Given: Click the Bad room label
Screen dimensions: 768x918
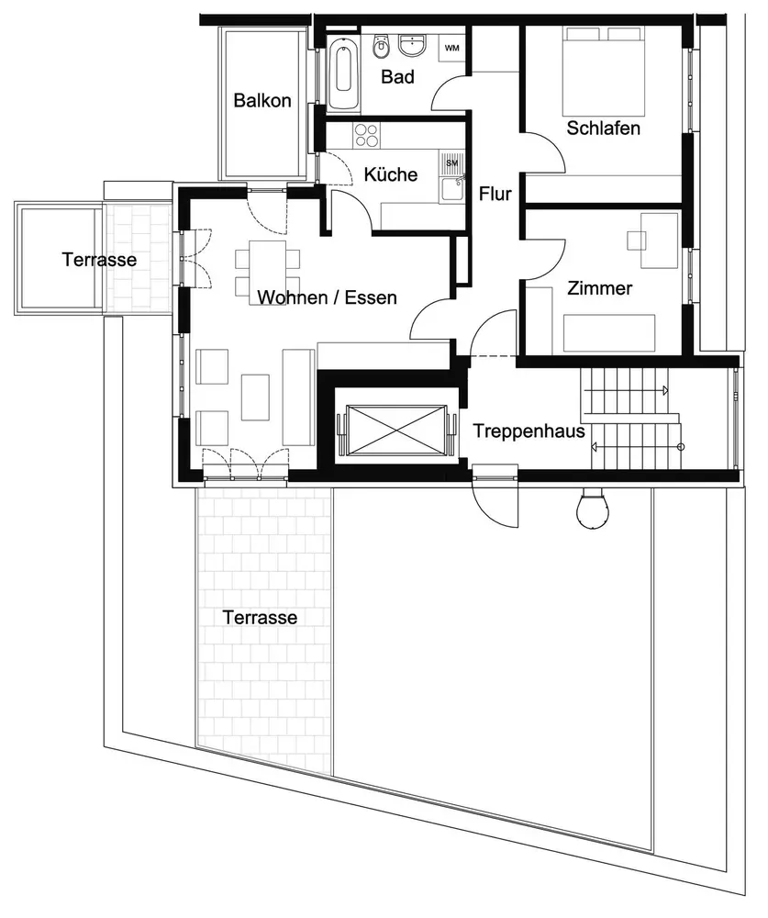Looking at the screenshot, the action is (x=397, y=77).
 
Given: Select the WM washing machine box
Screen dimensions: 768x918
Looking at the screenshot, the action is (x=452, y=47).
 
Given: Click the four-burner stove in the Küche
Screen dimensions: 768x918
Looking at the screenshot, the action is (x=366, y=134).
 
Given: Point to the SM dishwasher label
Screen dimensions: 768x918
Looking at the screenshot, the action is (x=451, y=162).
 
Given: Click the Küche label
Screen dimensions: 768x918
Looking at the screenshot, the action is (x=390, y=174).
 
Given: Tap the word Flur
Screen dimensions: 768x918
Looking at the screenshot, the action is (x=495, y=194).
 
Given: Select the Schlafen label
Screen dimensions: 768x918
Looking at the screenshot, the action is (x=603, y=128).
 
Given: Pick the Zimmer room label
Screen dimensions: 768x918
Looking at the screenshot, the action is (x=600, y=288).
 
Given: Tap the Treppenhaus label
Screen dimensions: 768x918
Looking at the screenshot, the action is (x=529, y=430).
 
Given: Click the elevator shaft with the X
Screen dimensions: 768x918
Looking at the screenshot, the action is (x=396, y=427).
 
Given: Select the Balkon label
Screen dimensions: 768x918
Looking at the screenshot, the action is (x=262, y=100).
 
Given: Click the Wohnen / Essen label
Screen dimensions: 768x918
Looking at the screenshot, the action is (x=328, y=297).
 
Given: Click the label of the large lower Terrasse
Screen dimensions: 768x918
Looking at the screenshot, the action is (x=260, y=618).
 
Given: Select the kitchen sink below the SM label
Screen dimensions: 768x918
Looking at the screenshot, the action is (x=451, y=188).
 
